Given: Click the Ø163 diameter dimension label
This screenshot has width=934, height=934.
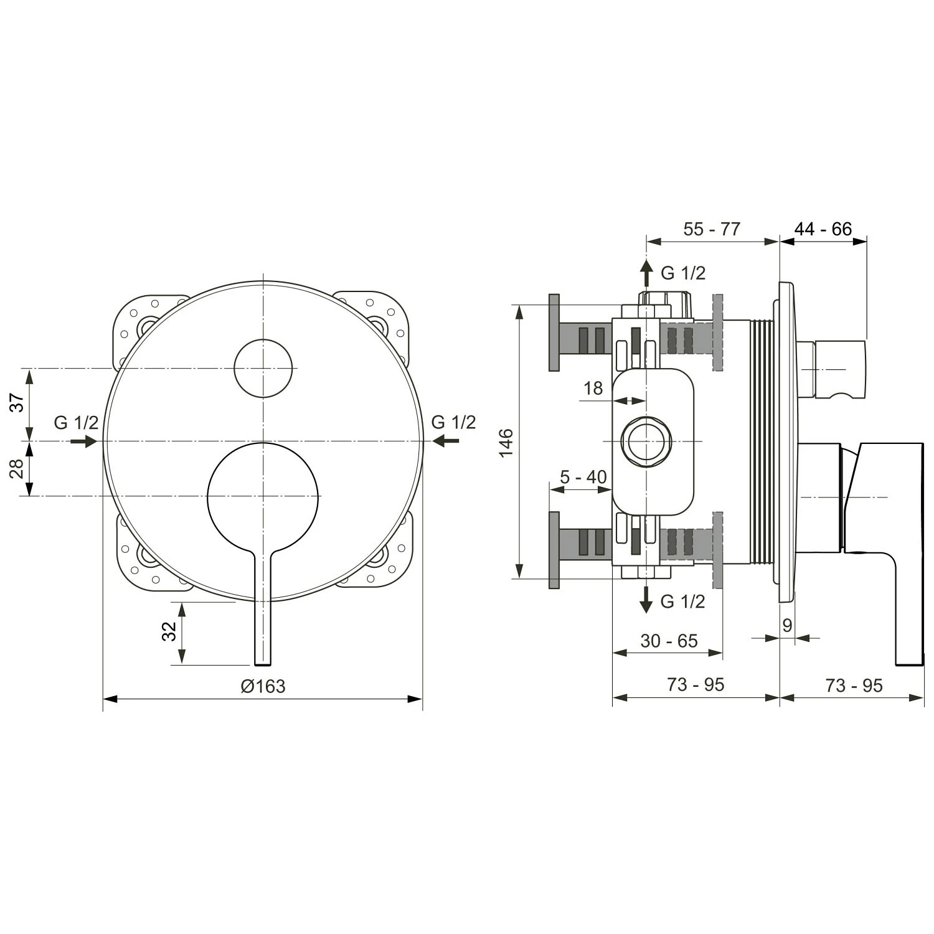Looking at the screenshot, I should coord(263,686).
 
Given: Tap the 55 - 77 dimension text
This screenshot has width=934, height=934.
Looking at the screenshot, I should coord(712,229).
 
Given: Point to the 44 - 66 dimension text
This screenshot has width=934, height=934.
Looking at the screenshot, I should coord(823,229).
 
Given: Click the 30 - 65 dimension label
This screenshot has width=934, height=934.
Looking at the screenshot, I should coord(669,641).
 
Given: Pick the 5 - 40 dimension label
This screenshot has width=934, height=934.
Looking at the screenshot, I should coord(583,477).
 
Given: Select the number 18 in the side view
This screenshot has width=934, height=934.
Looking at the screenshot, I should coord(593,388).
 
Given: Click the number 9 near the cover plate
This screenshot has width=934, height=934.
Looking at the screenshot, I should coord(787,625).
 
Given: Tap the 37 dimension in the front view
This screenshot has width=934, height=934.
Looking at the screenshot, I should coord(19,402).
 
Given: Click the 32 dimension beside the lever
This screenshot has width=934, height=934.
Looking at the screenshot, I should coord(169,632).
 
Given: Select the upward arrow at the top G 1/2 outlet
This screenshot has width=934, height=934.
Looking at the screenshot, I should coord(647,273).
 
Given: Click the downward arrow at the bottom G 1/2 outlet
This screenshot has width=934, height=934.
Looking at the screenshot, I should coord(647,599).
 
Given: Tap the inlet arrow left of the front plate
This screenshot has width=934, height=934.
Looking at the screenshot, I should coord(83,441).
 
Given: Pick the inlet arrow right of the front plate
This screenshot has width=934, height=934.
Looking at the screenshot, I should coord(446,441).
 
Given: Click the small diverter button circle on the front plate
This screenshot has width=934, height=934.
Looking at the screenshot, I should coord(263,368).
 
